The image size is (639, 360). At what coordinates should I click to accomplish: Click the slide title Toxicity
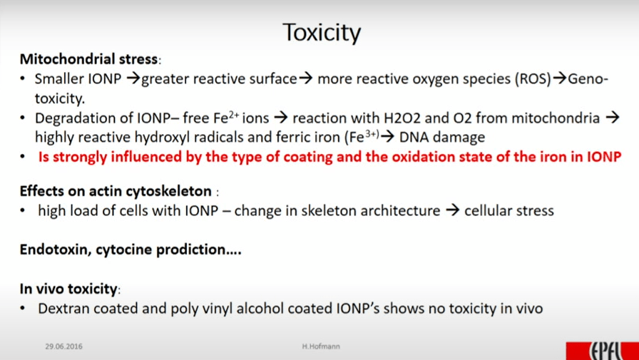[x=322, y=33]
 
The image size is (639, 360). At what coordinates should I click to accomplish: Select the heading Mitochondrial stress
[x=89, y=59]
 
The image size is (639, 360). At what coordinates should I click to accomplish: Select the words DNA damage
[x=442, y=138]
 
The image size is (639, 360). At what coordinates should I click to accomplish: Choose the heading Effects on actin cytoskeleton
[x=116, y=191]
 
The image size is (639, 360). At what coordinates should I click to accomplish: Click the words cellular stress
[x=509, y=210]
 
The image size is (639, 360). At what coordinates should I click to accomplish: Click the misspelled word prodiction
[x=196, y=250]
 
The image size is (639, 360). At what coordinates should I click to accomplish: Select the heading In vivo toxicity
[x=69, y=289]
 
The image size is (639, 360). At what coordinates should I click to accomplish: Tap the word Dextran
[x=63, y=308]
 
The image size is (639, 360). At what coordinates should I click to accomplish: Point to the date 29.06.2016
[x=63, y=346]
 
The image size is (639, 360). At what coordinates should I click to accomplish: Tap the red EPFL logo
[x=603, y=351]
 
